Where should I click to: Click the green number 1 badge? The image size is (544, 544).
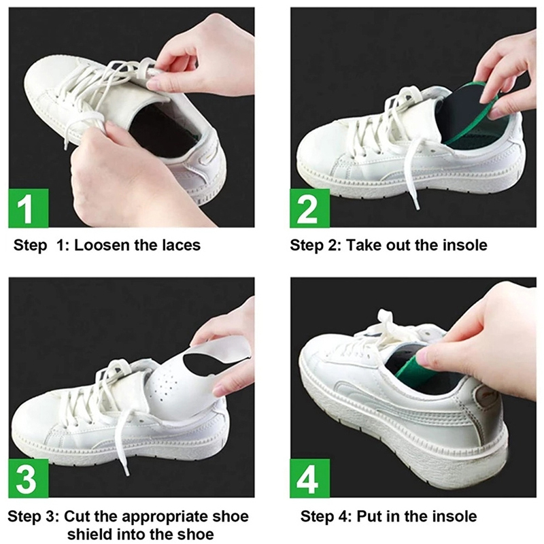pos(29,208)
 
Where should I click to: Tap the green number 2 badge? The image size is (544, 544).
pos(310,208)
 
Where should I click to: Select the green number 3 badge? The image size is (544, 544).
pos(29,478)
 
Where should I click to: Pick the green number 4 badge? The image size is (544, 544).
pos(310,478)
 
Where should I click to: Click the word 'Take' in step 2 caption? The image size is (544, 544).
pos(364,245)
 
